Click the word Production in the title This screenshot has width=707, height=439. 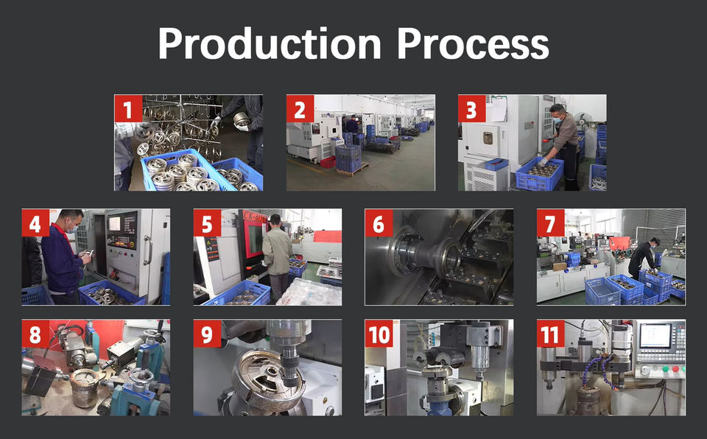pos(270,43)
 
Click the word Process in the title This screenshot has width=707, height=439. pos(473,43)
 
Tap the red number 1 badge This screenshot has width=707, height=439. pos(128,108)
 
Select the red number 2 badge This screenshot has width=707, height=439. pos(300,108)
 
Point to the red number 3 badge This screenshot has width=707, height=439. pos(471,108)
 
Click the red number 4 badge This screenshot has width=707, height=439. pos(35,222)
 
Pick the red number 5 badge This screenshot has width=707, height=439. pos(208,222)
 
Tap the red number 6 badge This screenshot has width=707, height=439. pos(379,222)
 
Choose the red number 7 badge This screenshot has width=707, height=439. pos(551,222)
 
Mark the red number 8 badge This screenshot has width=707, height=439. pos(35,334)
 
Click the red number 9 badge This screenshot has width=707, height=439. pos(208,334)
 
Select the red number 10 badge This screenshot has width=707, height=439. pos(379,334)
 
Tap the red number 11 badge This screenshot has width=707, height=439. pos(551,334)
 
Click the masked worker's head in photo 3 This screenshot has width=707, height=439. pos(557,113)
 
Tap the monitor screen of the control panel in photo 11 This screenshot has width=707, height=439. pos(655,336)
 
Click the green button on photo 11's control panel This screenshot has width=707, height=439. pos(665,368)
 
